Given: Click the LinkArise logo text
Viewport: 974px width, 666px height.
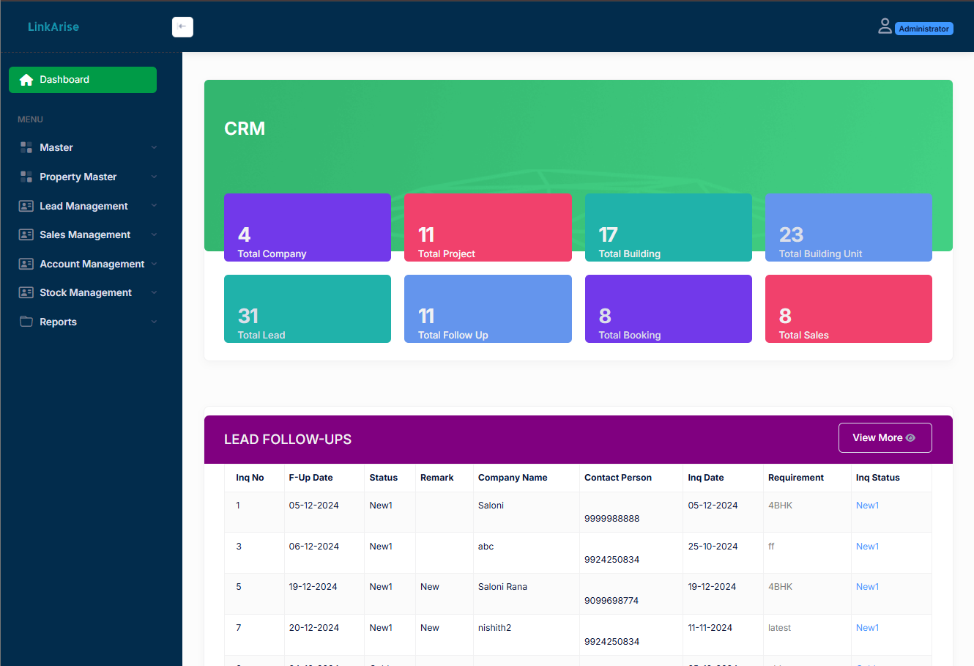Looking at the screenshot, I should point(53,27).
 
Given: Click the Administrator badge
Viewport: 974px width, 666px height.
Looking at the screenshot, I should point(923,29).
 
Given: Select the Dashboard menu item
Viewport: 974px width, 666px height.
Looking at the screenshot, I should point(83,80).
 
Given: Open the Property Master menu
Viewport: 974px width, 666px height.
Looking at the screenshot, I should point(78,177).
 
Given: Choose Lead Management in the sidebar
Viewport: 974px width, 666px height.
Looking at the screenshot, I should point(83,206).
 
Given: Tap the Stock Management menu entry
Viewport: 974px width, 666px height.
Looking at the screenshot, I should point(86,292).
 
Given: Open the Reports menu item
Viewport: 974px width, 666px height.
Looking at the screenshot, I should point(59,322).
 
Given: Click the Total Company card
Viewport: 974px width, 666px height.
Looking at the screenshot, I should point(308,228).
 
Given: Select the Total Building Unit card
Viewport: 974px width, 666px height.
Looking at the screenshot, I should point(848,228).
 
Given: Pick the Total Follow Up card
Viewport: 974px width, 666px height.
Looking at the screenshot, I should point(488,309).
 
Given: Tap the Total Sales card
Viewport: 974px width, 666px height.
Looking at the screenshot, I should point(848,309).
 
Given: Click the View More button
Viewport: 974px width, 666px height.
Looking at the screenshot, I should point(885,437).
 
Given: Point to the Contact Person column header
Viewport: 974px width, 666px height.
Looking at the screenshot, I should point(618,478).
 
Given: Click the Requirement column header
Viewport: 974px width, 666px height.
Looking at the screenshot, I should point(796,478).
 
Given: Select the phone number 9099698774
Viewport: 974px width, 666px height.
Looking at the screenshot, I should point(611,601).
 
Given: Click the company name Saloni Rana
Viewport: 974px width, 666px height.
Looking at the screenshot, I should point(502,587).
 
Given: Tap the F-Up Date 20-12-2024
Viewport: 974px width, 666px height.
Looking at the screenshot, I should point(313,628).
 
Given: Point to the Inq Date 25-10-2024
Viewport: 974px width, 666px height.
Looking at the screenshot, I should point(713,547).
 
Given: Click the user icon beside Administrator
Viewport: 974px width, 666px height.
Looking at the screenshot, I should point(885,27).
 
